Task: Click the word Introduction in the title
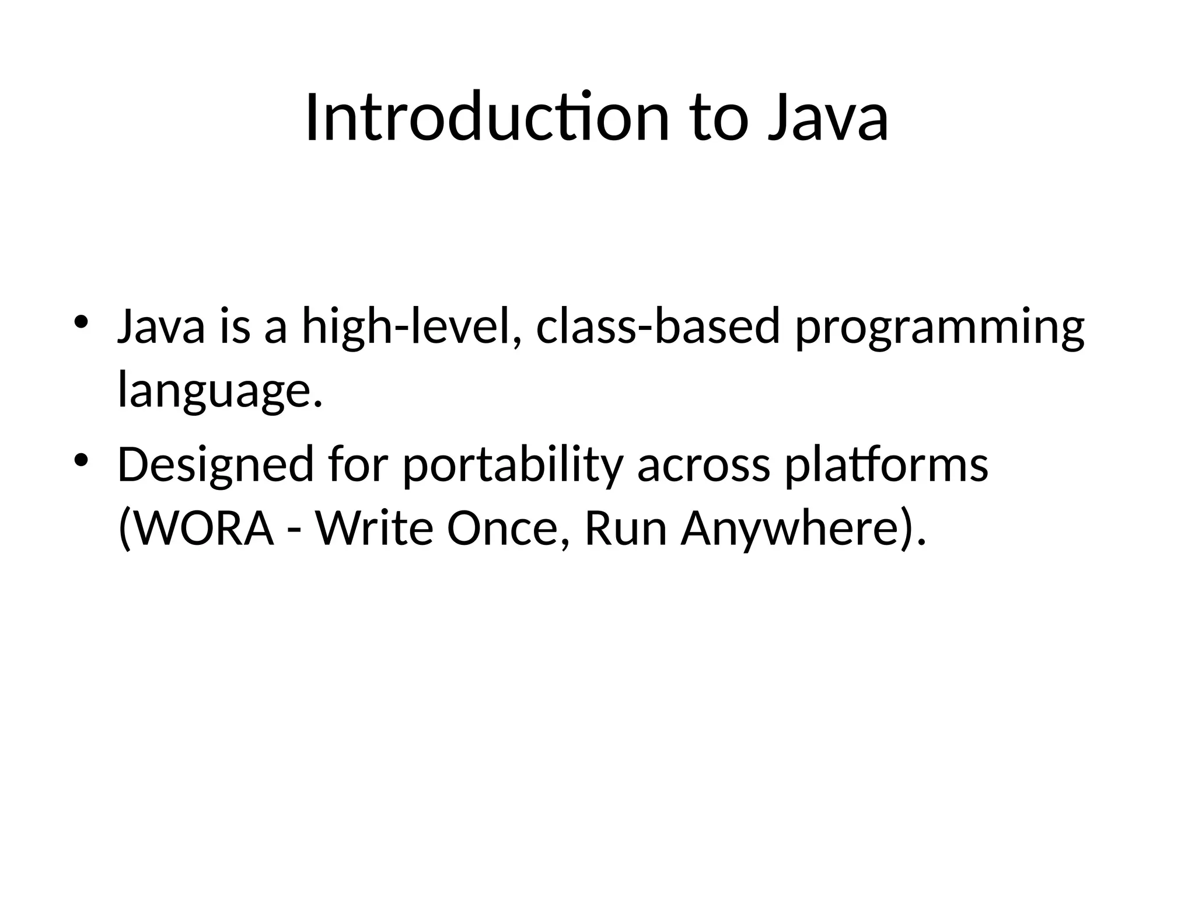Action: (486, 118)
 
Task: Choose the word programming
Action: (939, 328)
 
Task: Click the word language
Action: (219, 391)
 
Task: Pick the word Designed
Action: (216, 465)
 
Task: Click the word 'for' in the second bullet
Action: (358, 465)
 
